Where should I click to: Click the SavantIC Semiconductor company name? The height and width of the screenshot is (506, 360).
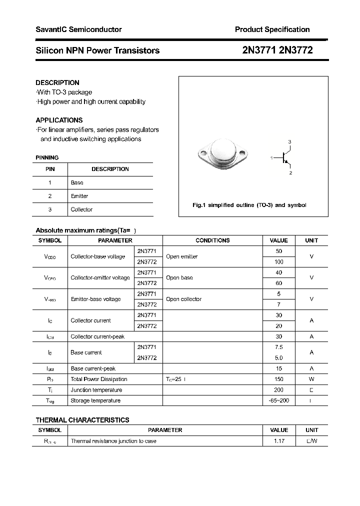click(x=78, y=29)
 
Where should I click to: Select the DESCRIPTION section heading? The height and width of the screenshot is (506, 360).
click(x=57, y=82)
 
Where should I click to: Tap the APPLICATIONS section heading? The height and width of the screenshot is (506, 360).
click(x=59, y=120)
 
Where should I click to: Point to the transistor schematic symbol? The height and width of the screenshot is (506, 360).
click(x=285, y=157)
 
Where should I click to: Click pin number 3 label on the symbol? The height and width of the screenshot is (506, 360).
click(x=289, y=142)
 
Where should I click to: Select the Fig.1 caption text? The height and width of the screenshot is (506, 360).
click(x=249, y=205)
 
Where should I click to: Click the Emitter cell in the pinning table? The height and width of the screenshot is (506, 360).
click(x=79, y=196)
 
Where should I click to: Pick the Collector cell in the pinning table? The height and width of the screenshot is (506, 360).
click(x=81, y=209)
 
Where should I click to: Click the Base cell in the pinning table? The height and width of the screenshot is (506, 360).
click(x=77, y=182)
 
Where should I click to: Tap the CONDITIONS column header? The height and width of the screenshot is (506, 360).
click(x=212, y=240)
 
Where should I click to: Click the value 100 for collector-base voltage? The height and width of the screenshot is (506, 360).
click(x=279, y=261)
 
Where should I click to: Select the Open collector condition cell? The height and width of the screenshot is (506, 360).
click(x=183, y=299)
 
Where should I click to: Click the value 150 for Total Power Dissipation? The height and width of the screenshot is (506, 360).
click(x=279, y=379)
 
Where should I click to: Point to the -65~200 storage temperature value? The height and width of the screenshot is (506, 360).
click(x=279, y=400)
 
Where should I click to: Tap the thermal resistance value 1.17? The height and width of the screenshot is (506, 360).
click(x=279, y=441)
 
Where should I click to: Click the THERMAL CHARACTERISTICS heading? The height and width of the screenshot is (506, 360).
click(x=82, y=420)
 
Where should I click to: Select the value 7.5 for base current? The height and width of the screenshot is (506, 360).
click(x=279, y=347)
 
